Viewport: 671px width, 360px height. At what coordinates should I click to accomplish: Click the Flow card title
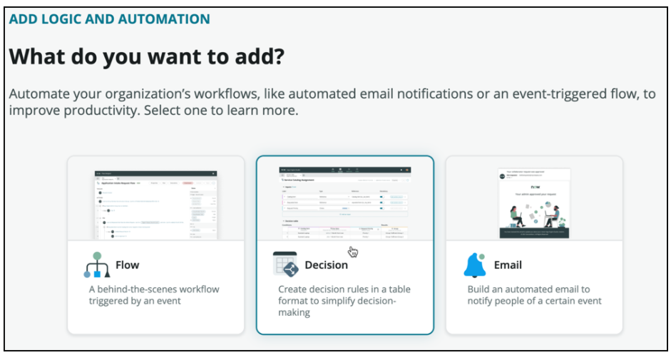[x=127, y=265]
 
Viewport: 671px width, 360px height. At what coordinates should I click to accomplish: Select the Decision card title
[x=326, y=265]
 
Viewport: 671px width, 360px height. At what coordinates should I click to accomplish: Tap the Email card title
[x=508, y=265]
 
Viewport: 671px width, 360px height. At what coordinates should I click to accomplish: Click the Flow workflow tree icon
[x=96, y=265]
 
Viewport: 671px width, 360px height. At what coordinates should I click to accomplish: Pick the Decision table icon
[x=285, y=264]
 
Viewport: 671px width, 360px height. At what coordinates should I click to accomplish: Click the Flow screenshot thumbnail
[x=156, y=204]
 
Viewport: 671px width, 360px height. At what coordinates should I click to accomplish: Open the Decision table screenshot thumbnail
[x=345, y=202]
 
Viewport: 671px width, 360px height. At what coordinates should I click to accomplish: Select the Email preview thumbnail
[x=534, y=204]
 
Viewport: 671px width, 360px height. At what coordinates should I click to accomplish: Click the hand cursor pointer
[x=353, y=252]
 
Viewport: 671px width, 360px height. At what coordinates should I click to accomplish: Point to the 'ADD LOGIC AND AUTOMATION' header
[x=109, y=19]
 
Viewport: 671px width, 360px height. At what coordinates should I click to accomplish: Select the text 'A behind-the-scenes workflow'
[x=154, y=289]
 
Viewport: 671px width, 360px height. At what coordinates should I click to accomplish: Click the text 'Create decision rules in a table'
[x=344, y=289]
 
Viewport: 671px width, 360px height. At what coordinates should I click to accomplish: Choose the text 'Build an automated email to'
[x=528, y=289]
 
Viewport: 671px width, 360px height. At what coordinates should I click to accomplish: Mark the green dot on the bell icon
[x=483, y=256]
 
